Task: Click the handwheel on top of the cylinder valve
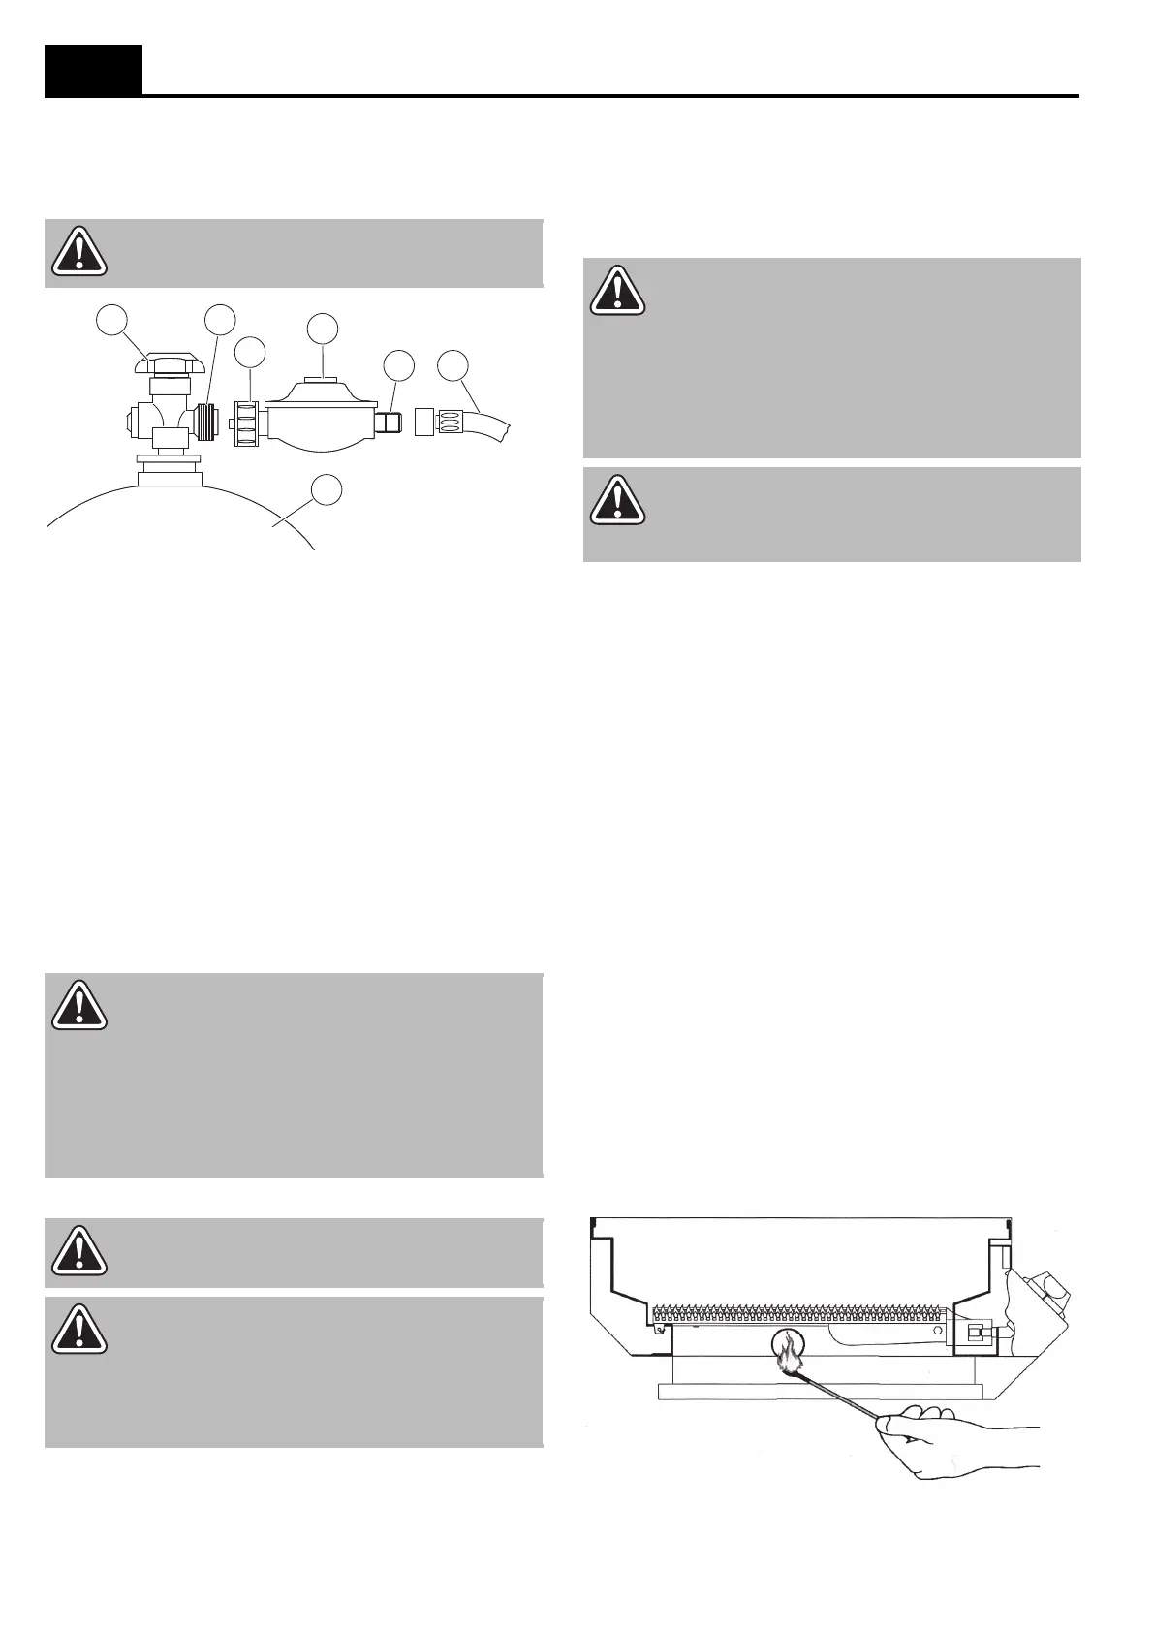[x=170, y=366]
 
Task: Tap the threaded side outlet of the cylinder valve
[x=204, y=423]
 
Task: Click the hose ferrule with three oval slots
[x=452, y=423]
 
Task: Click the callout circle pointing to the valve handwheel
[x=114, y=319]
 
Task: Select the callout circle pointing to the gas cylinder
[x=327, y=489]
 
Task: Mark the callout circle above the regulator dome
[x=323, y=328]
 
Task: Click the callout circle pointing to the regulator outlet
[x=398, y=365]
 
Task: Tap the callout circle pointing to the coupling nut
[x=251, y=352]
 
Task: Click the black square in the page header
[x=93, y=69]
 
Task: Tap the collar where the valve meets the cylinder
[x=171, y=475]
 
